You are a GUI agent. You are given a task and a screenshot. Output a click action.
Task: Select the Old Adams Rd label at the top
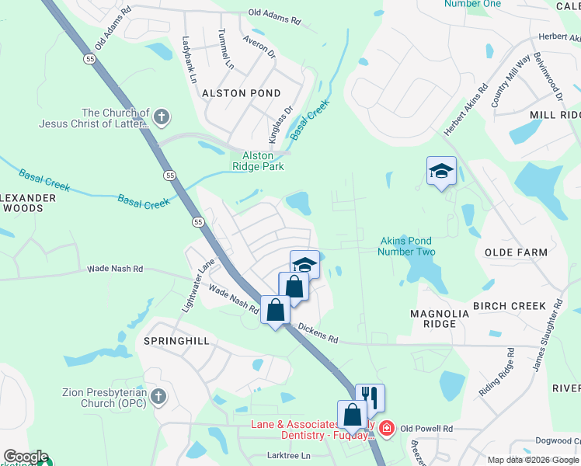(274, 13)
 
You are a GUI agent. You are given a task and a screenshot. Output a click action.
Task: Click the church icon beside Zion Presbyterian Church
(158, 397)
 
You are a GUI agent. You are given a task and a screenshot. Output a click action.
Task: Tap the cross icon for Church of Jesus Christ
(161, 118)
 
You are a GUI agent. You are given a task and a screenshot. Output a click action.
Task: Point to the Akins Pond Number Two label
(406, 246)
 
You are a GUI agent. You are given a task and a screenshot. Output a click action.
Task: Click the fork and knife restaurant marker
(371, 398)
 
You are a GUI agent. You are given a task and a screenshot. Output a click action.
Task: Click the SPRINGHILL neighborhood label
(172, 341)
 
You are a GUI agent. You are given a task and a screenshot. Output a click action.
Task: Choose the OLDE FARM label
(516, 252)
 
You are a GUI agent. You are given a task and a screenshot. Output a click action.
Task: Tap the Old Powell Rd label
(427, 429)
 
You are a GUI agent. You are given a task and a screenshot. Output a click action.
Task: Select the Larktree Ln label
(288, 455)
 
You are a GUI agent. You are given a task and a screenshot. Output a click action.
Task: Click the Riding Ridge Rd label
(496, 372)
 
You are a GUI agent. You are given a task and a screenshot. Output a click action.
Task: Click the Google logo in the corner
(26, 457)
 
